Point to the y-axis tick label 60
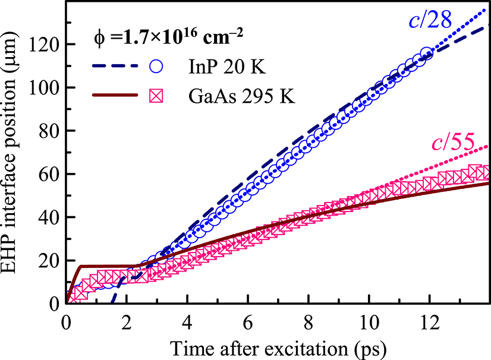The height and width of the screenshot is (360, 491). pos(50,174)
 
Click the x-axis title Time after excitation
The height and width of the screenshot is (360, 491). pos(278,346)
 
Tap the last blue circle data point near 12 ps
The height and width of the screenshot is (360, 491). pos(426,54)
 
